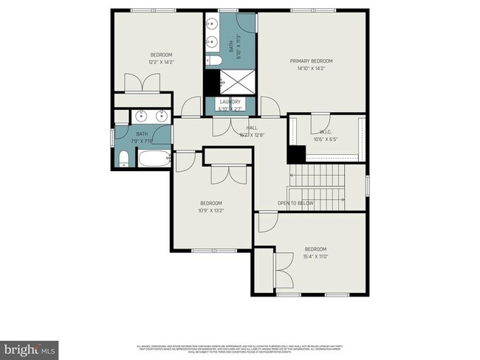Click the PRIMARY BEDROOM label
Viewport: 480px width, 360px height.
coord(311,61)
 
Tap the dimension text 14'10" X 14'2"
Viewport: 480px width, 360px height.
coord(311,69)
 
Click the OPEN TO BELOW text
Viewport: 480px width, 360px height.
coord(295,203)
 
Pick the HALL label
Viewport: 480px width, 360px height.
coord(252,128)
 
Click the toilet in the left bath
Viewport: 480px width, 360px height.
coord(124,159)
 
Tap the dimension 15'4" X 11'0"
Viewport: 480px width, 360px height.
coord(315,257)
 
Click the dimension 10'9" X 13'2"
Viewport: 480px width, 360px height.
coord(210,210)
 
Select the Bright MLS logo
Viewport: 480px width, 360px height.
coord(30,347)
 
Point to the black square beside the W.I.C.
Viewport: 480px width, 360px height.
coord(296,155)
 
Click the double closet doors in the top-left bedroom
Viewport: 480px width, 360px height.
coord(139,83)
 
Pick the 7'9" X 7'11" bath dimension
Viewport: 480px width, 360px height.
coord(141,140)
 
